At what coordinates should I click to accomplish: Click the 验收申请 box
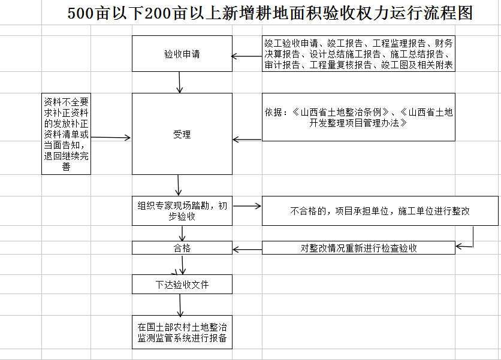(x=182, y=54)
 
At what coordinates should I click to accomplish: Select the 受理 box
(x=182, y=134)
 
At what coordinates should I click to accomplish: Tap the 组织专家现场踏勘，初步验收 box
(x=182, y=211)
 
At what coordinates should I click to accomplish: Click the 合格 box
(x=182, y=247)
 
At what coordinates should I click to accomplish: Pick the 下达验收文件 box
(x=182, y=285)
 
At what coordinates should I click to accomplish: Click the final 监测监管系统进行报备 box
(x=182, y=332)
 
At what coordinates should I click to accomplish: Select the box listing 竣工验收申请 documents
(x=358, y=55)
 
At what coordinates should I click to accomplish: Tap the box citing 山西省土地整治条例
(x=358, y=117)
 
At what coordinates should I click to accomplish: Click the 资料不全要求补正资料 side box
(x=66, y=134)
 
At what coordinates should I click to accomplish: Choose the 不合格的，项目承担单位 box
(x=380, y=211)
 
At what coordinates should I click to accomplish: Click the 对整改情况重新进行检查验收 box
(x=358, y=247)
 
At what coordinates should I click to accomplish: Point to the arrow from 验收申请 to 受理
(x=180, y=83)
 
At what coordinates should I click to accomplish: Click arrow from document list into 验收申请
(x=246, y=57)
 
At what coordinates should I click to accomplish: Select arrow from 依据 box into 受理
(x=246, y=140)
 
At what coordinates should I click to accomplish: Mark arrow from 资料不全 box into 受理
(x=111, y=138)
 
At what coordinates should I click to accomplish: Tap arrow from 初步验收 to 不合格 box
(x=246, y=206)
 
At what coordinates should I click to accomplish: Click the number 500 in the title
(x=81, y=13)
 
